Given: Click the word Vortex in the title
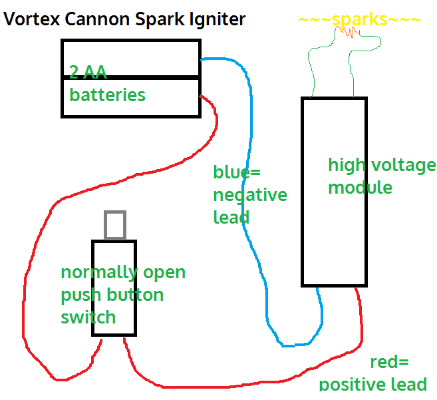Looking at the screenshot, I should (x=30, y=19).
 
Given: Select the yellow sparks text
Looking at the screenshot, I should (x=360, y=19).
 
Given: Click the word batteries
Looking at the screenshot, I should (x=107, y=95).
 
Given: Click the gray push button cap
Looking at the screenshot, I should (x=115, y=225).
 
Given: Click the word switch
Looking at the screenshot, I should (x=88, y=317).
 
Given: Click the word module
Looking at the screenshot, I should (x=360, y=188).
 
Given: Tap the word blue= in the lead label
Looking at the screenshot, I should (x=236, y=172).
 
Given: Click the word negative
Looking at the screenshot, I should (x=250, y=195).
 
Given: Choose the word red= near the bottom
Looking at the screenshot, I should (x=390, y=362).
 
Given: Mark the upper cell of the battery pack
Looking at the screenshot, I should (x=130, y=58).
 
